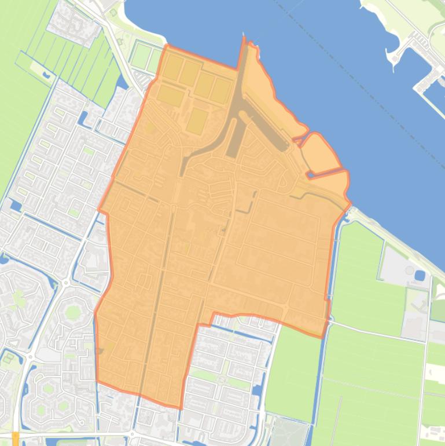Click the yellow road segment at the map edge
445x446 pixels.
[x=15, y=438]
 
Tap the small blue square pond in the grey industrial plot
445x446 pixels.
[x=420, y=275]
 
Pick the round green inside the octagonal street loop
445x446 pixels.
[x=73, y=313]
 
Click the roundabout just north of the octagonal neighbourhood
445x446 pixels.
[x=65, y=283]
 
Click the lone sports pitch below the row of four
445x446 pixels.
[x=197, y=120]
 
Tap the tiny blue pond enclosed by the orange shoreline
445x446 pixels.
[x=311, y=173]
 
